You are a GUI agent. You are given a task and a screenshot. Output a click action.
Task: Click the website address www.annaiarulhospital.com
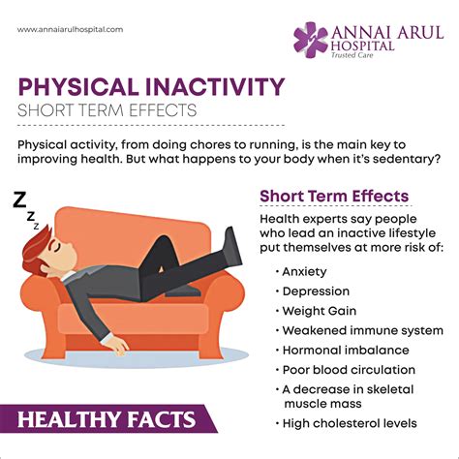point(71,29)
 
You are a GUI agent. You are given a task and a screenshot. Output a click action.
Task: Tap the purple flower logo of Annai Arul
point(312,41)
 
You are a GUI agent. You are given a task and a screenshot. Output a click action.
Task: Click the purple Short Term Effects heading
point(333,197)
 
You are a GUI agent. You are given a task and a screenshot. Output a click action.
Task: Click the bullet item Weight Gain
point(319,311)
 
